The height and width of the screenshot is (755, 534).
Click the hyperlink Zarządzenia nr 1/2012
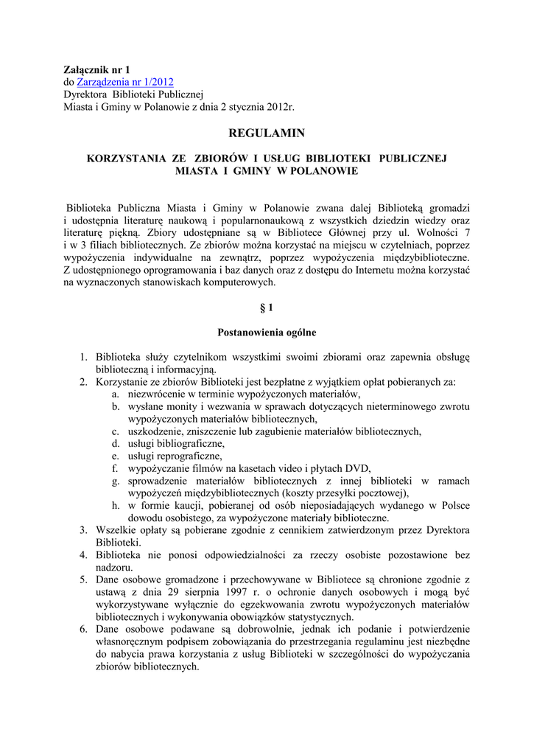coord(125,82)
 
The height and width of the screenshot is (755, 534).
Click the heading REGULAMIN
coord(267,133)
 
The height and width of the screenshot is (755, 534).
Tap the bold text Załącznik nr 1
coord(96,69)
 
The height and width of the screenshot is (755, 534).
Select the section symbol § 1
coord(267,307)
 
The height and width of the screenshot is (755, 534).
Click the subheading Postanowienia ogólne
coord(267,333)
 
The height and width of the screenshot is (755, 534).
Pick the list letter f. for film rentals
coord(116,468)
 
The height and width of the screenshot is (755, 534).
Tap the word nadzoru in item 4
coord(114,568)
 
